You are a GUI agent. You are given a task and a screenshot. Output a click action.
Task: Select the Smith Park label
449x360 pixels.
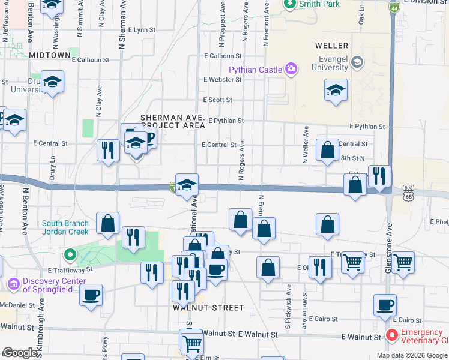point(319,4)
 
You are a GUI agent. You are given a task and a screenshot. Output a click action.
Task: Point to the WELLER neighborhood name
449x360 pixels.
point(331,46)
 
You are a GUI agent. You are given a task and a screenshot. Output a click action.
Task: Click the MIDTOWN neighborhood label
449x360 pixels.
point(50,55)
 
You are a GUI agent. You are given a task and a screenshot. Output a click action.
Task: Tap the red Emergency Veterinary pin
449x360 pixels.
point(392,335)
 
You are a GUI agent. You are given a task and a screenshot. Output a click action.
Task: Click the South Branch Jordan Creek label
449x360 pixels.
point(65,227)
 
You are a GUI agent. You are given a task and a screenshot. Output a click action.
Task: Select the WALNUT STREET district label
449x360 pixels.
point(208,308)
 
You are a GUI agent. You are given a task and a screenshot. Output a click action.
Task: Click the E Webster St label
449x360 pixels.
point(221,79)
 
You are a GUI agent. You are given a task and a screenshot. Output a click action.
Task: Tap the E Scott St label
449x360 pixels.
point(217,100)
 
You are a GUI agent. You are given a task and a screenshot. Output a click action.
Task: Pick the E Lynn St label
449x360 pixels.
point(137,29)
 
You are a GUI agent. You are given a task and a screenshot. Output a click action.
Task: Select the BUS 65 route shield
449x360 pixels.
point(391,193)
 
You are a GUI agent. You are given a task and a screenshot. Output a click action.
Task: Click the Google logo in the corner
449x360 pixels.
point(19,353)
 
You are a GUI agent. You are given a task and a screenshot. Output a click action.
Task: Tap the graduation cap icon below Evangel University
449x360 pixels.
point(336,91)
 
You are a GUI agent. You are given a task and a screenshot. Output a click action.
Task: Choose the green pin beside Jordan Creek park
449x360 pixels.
point(70,256)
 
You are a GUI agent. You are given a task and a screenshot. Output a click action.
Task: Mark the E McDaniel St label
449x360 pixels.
point(14,305)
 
